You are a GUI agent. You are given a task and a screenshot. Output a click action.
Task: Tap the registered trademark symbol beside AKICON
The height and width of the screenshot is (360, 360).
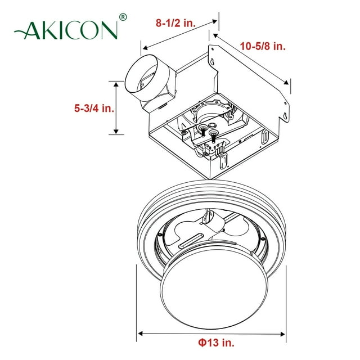123,17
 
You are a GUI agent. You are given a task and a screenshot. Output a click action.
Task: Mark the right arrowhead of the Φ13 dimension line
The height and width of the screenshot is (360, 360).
285,334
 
